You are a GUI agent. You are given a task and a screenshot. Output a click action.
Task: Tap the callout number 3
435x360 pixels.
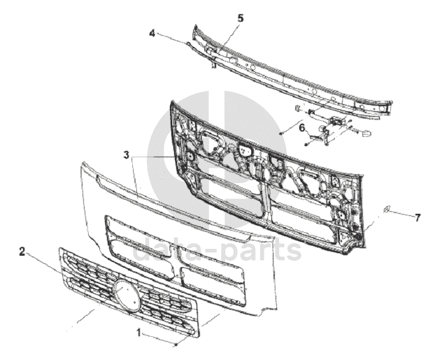click(126, 154)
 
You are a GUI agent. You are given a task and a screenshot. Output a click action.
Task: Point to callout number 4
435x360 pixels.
click(152, 33)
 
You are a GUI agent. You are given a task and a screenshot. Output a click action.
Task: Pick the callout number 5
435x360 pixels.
click(241, 17)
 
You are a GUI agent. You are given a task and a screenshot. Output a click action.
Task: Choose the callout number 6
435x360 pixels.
click(302, 128)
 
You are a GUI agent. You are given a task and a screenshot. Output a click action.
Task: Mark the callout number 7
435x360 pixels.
click(418, 218)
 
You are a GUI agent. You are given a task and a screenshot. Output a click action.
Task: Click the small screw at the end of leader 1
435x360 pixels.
click(177, 344)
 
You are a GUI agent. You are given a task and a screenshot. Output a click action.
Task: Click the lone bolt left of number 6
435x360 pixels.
click(280, 131)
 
